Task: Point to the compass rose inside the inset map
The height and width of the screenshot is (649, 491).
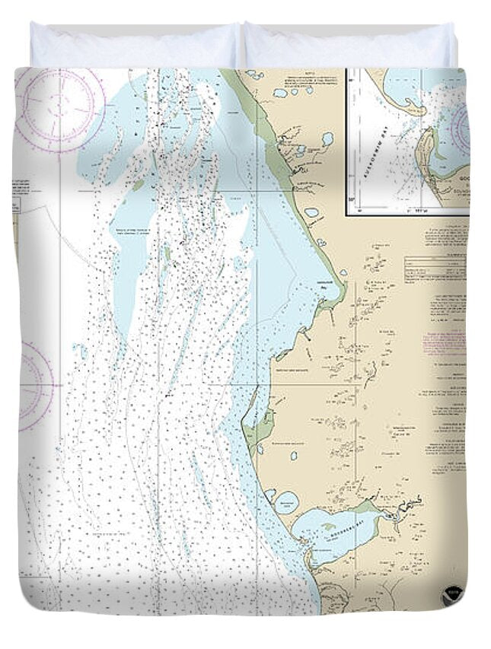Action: coord(462,129)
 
